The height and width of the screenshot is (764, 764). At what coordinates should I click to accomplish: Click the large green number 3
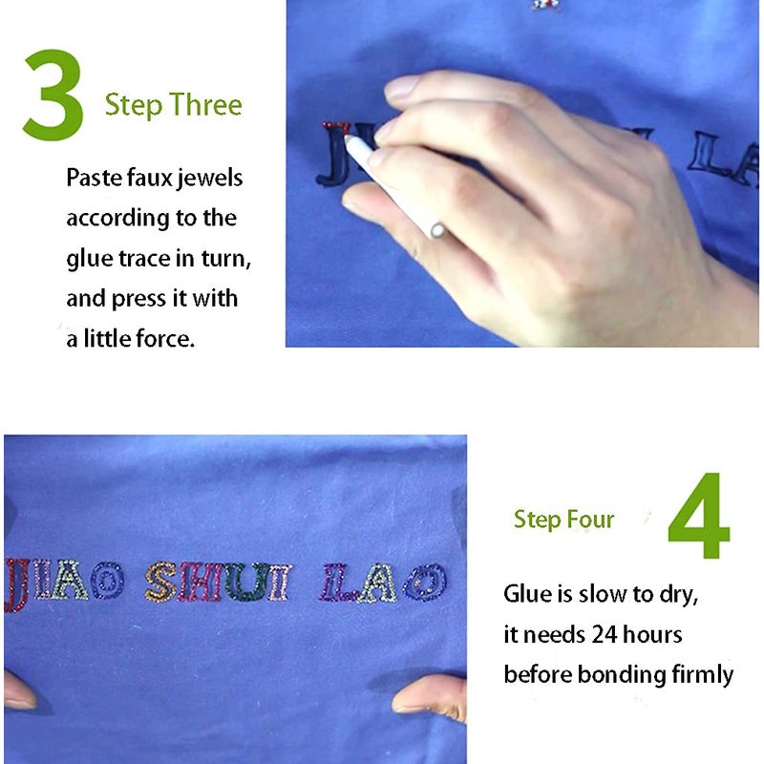(53, 95)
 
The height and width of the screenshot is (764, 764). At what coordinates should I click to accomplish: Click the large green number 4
(699, 516)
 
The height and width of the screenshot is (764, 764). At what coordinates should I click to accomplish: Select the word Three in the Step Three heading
(205, 104)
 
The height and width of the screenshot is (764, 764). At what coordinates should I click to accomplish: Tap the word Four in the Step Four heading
(590, 520)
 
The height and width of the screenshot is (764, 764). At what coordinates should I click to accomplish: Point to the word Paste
(94, 178)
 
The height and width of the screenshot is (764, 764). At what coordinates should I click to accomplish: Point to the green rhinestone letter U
(246, 582)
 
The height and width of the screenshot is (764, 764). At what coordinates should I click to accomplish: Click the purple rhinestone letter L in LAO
(336, 582)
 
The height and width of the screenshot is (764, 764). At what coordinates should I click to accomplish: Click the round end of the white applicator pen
(437, 230)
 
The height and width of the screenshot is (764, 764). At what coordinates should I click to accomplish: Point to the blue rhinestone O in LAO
(425, 582)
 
